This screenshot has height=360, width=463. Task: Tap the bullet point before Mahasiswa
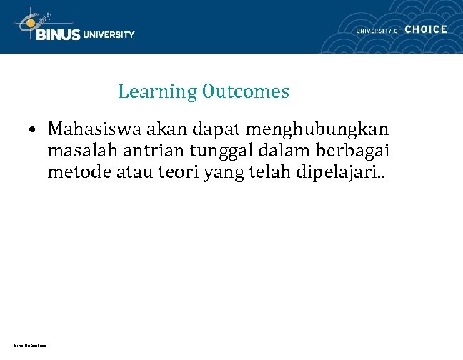pyautogui.click(x=33, y=131)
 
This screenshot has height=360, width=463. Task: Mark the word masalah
pyautogui.click(x=76, y=152)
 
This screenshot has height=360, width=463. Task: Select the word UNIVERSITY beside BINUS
pyautogui.click(x=109, y=34)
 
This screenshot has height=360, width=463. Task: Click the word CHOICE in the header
pyautogui.click(x=426, y=29)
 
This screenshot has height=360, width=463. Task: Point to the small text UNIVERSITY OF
pyautogui.click(x=377, y=30)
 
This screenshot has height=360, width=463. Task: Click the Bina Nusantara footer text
pyautogui.click(x=30, y=346)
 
